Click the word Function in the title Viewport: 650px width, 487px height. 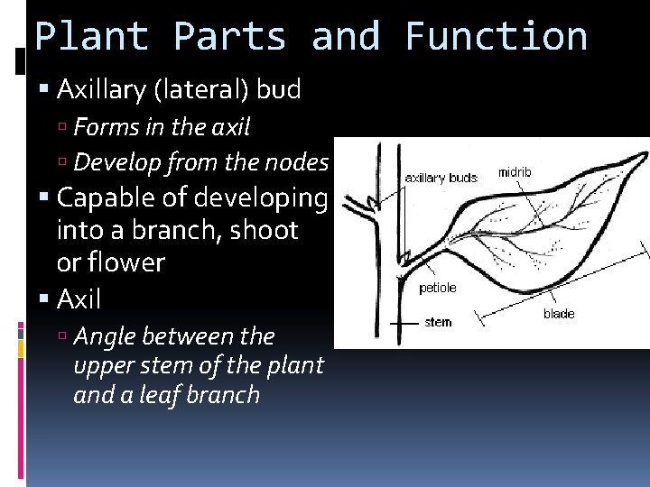pos(497,37)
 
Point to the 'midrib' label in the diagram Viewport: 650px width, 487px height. pos(515,172)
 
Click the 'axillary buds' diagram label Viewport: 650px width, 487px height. pos(441,179)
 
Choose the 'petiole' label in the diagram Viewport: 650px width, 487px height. pos(438,288)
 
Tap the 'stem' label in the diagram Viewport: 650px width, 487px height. pos(438,321)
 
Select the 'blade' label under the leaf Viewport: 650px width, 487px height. pos(558,314)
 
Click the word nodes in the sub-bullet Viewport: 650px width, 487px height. pos(300,162)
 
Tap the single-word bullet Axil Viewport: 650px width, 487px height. pos(79,299)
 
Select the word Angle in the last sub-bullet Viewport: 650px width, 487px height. pos(103,336)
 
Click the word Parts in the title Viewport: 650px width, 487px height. pos(229,37)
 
